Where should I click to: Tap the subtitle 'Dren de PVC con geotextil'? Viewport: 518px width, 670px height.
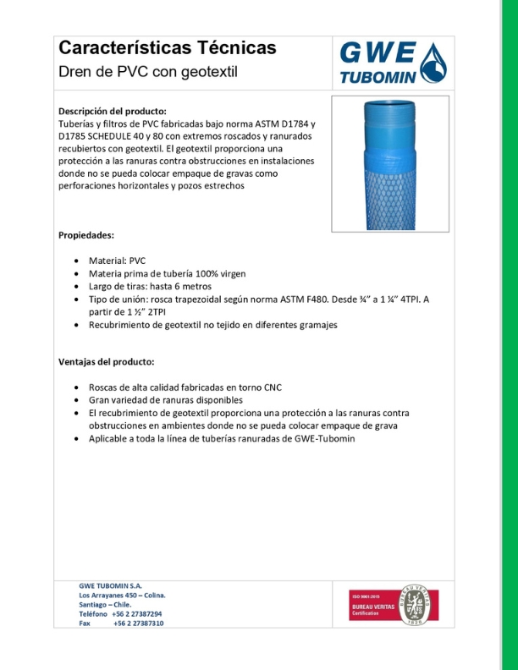(148, 72)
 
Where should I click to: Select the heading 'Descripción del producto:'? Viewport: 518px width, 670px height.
(112, 111)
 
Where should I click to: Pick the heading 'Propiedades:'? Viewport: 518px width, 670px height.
(85, 234)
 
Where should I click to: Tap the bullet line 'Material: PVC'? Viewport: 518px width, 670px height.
(124, 261)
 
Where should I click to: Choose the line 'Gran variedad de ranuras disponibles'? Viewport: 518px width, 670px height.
(166, 399)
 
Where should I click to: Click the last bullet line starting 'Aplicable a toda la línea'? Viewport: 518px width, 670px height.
(223, 439)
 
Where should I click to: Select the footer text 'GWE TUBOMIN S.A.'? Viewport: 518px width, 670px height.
(111, 586)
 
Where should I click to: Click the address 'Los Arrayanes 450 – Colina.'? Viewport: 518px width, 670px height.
(122, 596)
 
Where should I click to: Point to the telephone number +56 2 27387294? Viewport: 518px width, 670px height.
(138, 613)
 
